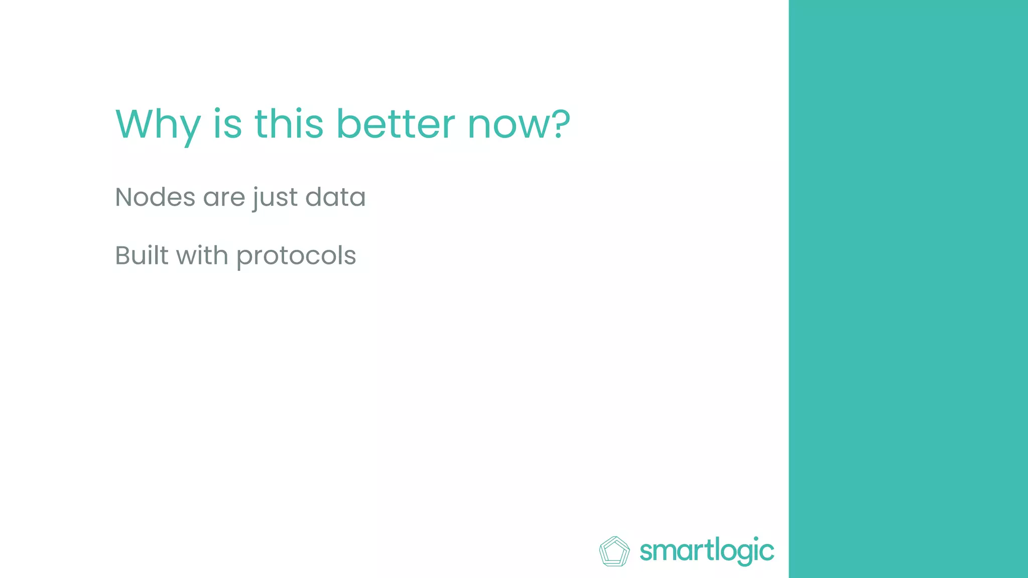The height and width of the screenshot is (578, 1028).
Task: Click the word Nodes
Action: pos(155,197)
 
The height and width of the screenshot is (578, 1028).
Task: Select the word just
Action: pos(275,198)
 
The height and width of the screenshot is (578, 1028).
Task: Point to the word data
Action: pos(335,197)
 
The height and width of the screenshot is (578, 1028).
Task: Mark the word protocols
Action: pos(296,256)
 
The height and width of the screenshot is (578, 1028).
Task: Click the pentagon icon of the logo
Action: pos(614,551)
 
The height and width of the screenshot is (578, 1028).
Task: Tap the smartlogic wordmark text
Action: pos(707,551)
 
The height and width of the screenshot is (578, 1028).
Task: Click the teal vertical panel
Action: pos(908,289)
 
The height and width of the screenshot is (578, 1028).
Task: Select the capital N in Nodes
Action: pos(124,197)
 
